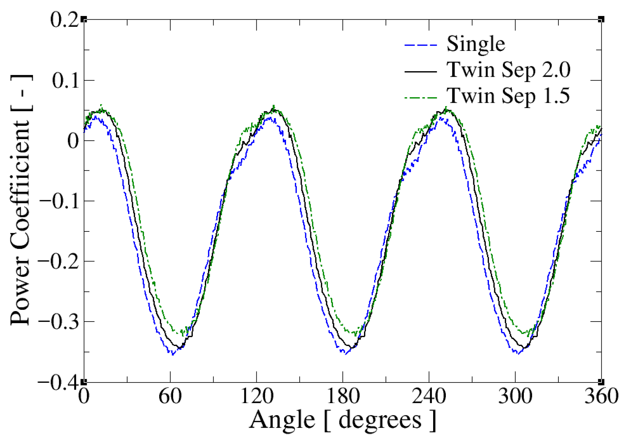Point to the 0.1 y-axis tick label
[65, 80]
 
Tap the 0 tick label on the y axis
[73, 141]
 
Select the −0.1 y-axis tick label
[59, 201]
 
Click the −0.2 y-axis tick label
[59, 261]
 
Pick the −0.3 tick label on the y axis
[59, 322]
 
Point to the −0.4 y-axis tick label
[59, 382]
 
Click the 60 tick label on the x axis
[170, 397]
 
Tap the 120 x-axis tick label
[257, 397]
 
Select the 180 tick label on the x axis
[343, 397]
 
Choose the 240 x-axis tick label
[429, 397]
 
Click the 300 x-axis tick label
[515, 397]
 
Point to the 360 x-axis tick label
[601, 397]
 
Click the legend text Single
[476, 44]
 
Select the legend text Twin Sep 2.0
[508, 70]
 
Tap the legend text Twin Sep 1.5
[508, 96]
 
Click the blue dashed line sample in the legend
[420, 45]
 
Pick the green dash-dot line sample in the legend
[420, 97]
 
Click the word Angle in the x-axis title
[282, 420]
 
